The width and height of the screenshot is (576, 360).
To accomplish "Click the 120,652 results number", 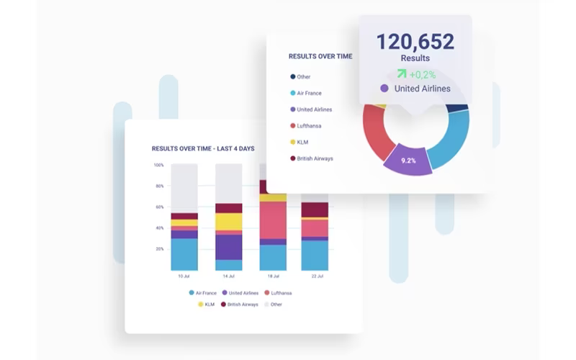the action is (415, 42).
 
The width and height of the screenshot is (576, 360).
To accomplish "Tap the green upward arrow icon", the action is (402, 74).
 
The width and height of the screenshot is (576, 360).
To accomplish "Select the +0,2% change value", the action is (423, 75).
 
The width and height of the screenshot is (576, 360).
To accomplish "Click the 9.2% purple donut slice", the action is (408, 160).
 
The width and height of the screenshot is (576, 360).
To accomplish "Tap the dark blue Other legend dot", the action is (293, 76).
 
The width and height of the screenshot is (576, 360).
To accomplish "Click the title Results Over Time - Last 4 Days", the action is (203, 148).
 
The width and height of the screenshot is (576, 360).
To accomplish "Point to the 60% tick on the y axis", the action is (159, 207).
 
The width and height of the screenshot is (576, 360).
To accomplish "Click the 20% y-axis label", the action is (159, 248).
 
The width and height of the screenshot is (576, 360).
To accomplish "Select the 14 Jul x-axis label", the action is (228, 276).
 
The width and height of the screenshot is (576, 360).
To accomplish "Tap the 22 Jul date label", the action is (318, 276).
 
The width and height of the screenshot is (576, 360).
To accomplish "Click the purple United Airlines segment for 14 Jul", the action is (228, 247).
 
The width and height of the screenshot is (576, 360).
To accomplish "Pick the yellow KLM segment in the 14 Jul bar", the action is (228, 222).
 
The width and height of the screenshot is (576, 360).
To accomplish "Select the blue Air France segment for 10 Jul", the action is (184, 255).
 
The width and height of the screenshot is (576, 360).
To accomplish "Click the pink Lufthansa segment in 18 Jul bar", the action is (273, 220).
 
